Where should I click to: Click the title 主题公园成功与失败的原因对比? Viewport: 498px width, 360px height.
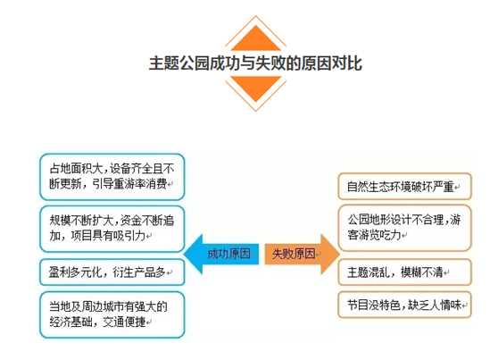(x=255, y=63)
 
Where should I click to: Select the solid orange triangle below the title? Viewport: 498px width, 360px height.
(x=255, y=88)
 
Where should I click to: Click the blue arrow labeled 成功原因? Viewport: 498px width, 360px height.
(x=221, y=254)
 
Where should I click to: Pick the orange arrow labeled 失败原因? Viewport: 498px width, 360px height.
(x=302, y=254)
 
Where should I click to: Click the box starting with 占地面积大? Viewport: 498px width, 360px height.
(x=112, y=177)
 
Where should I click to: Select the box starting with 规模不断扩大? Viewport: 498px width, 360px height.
(x=112, y=229)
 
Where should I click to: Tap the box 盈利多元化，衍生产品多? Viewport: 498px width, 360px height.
(x=112, y=272)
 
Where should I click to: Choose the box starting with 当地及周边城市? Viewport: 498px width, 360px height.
(x=112, y=314)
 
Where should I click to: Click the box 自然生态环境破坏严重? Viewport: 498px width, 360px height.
(x=404, y=187)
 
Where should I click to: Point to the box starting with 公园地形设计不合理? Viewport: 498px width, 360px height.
(x=404, y=228)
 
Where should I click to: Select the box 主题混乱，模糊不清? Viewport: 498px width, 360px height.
(x=404, y=272)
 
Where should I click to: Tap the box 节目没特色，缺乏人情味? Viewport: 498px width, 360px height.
(x=404, y=305)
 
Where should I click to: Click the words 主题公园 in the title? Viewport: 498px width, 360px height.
(x=179, y=63)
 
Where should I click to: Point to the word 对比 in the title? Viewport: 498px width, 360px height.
(x=347, y=63)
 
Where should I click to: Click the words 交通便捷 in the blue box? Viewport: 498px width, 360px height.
(x=124, y=322)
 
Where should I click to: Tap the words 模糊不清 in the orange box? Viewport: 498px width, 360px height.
(x=422, y=272)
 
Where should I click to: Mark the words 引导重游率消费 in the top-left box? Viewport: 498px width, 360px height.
(x=129, y=184)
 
